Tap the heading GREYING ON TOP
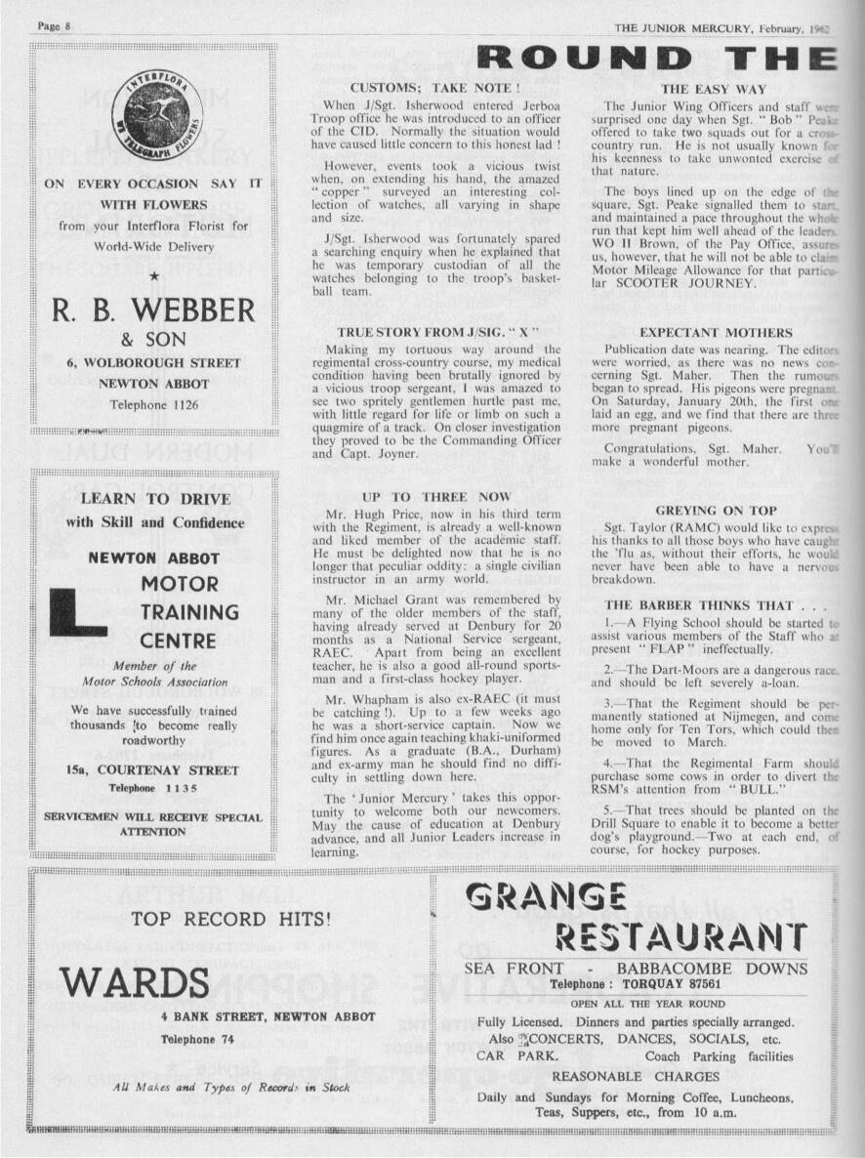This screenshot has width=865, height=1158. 716,511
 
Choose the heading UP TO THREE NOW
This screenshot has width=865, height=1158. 436,497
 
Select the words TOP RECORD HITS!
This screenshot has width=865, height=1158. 230,919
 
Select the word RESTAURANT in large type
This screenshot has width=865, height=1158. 680,939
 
